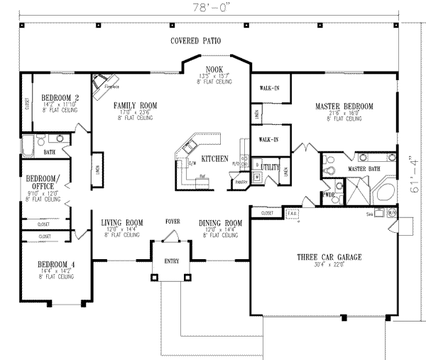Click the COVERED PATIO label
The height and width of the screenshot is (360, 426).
coord(199,41)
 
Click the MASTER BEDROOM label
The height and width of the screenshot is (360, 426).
coord(344,107)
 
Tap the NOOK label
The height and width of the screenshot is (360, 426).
coord(214,68)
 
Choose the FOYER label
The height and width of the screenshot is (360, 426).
coord(173,222)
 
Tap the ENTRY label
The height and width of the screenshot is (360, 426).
coord(173,261)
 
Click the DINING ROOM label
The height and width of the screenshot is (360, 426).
coord(221,222)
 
